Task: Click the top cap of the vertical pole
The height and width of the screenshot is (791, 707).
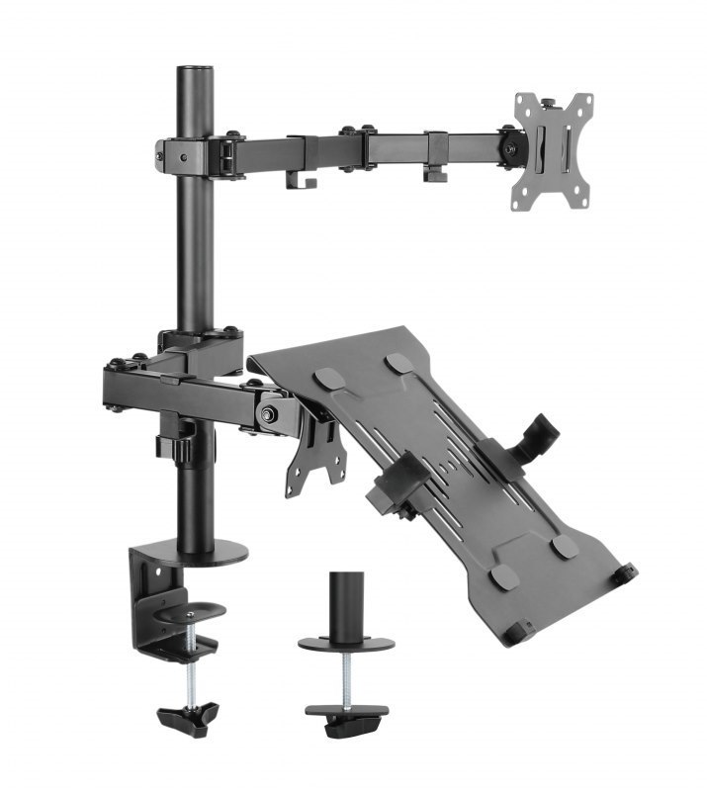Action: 195,70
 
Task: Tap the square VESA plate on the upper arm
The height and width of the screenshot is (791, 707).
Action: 551,151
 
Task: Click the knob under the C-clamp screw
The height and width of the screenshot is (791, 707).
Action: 187,717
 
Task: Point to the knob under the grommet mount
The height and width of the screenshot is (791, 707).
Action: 346,721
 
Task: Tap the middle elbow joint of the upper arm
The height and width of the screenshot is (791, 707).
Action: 356,146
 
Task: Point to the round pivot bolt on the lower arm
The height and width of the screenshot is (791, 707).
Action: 267,413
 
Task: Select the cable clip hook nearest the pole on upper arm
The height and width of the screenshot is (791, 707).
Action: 297,180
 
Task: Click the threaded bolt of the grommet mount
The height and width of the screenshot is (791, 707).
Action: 346,676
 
